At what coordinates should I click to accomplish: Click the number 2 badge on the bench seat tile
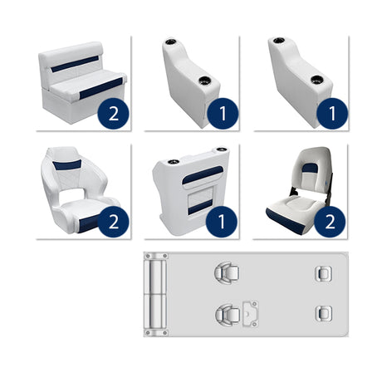click(x=113, y=112)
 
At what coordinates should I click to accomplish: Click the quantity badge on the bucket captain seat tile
click(x=113, y=221)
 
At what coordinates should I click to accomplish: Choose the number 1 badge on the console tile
click(x=222, y=221)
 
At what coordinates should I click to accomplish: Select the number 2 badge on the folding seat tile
click(x=331, y=221)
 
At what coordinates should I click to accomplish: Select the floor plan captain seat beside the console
click(x=225, y=314)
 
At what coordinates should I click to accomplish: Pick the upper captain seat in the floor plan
click(x=224, y=272)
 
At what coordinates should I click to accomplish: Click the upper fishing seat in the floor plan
click(x=321, y=273)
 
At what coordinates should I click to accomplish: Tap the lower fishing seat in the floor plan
click(x=321, y=313)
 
